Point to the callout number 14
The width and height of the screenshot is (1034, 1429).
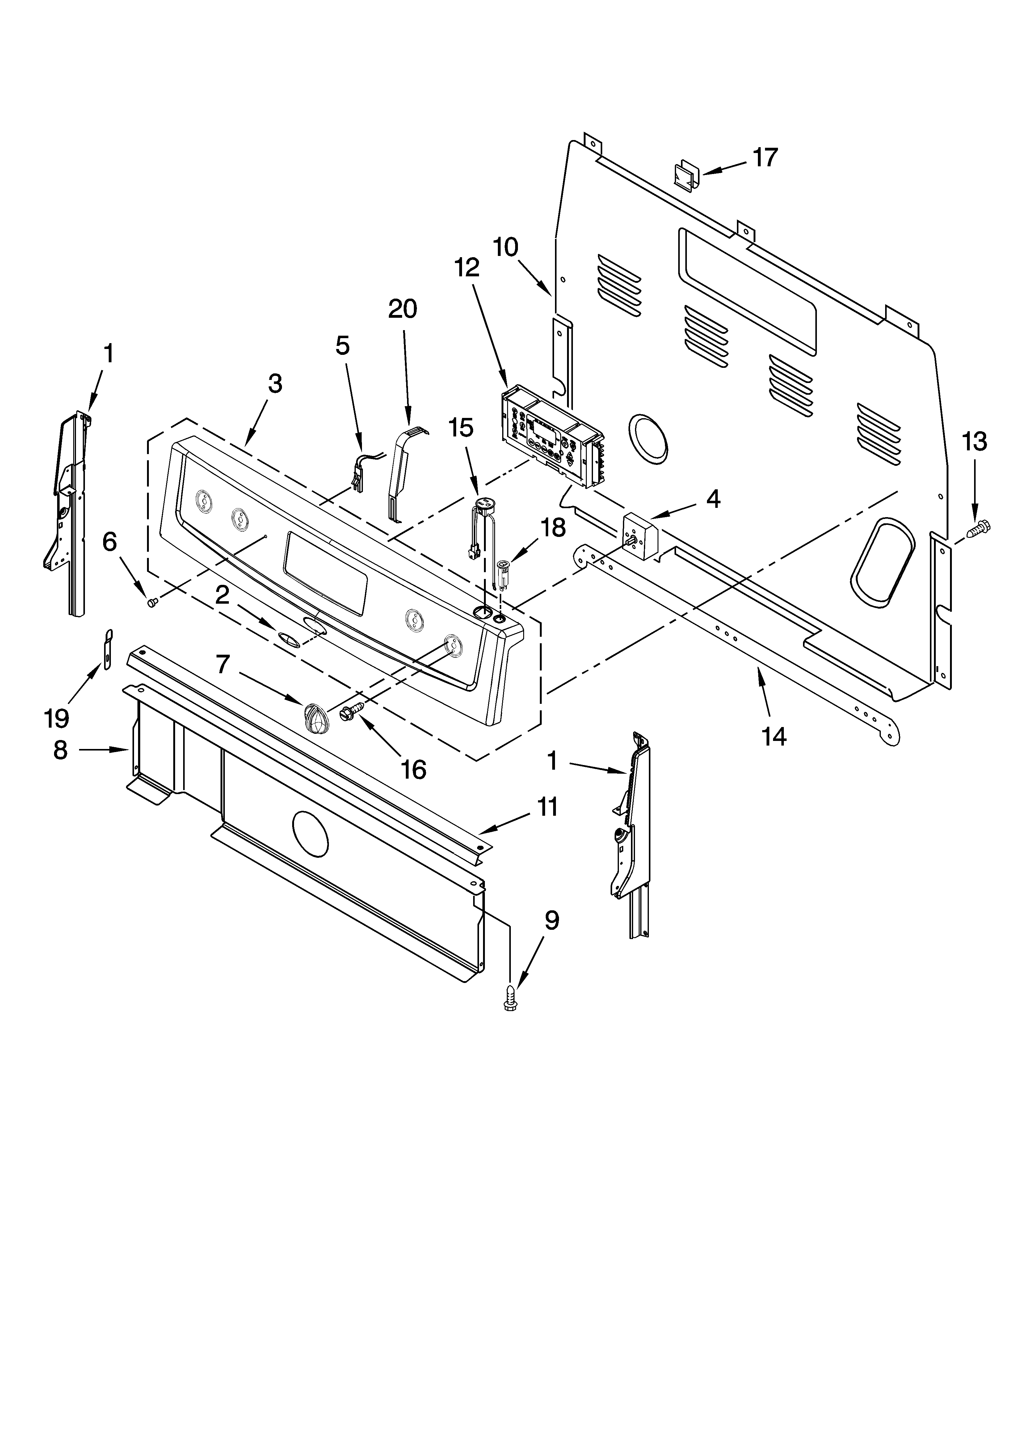[774, 735]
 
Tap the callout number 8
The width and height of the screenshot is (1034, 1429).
[61, 750]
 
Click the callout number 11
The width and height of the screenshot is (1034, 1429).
[547, 807]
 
